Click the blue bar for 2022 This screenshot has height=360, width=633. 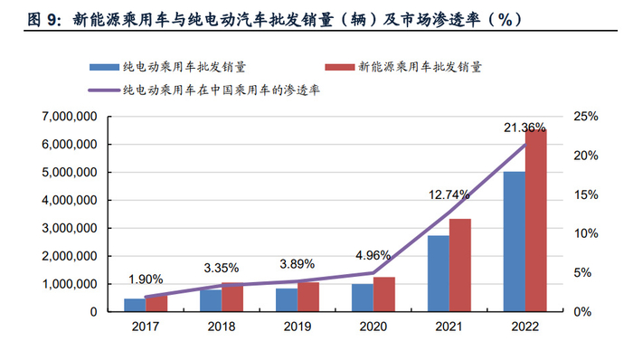click(x=514, y=242)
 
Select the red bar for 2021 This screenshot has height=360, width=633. click(x=459, y=265)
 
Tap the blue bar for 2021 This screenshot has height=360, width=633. click(x=438, y=273)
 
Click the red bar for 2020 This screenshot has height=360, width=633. click(x=384, y=294)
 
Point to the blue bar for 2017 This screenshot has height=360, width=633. click(x=134, y=305)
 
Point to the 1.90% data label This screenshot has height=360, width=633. click(x=146, y=279)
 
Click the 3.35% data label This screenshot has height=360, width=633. click(x=221, y=268)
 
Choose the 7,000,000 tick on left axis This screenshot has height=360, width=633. click(x=70, y=117)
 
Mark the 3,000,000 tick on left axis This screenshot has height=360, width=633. click(x=70, y=228)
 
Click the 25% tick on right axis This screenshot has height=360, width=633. click(x=585, y=117)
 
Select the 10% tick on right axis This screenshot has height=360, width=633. click(x=585, y=233)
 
